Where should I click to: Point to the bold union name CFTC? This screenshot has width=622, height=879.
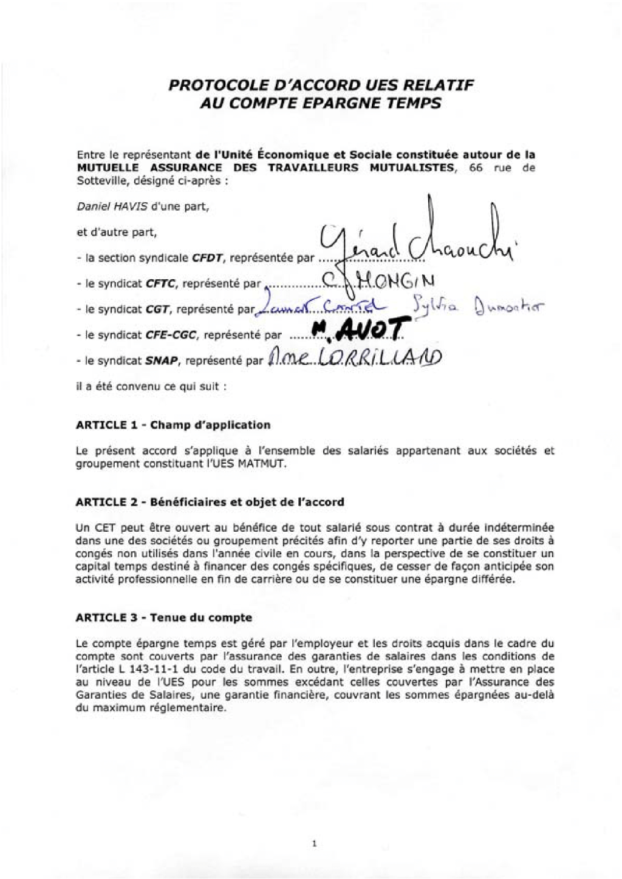point(161,283)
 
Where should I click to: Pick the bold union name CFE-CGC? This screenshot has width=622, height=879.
point(172,335)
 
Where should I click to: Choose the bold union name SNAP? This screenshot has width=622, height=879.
point(162,361)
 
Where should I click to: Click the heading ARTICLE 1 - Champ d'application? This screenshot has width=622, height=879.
point(173,425)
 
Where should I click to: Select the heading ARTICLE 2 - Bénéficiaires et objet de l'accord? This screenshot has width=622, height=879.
point(210,502)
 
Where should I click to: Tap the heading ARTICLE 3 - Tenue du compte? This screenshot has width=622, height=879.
point(163,617)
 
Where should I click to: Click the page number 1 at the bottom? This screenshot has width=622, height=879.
point(314,843)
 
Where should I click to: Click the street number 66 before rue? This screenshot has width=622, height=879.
point(476,168)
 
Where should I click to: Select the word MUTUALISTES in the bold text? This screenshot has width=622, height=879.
point(412,168)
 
